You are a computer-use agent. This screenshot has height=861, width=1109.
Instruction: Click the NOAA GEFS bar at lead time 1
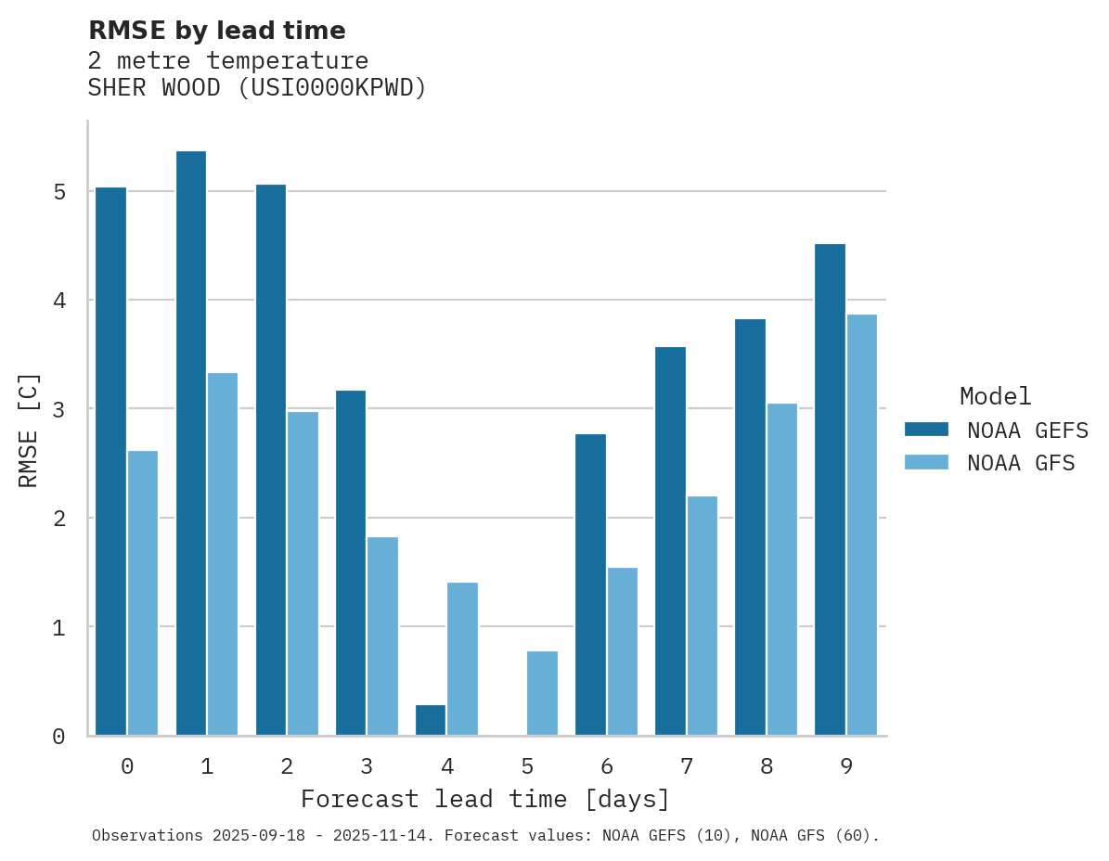190,443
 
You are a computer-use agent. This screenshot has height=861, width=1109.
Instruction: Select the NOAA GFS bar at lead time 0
143,593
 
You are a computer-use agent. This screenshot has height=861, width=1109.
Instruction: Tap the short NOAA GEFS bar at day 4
431,720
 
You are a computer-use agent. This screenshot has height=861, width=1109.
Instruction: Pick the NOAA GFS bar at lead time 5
542,693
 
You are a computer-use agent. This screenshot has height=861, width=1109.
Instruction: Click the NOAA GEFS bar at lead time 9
830,489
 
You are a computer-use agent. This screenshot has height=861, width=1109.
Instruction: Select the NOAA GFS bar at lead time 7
702,616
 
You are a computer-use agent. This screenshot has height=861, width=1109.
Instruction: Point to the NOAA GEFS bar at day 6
590,585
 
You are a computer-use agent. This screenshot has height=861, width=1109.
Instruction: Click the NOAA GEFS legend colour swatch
926,429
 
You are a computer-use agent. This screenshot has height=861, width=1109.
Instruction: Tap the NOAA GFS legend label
1021,462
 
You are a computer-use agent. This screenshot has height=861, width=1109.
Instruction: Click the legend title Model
995,396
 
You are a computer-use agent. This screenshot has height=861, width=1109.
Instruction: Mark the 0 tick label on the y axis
58,737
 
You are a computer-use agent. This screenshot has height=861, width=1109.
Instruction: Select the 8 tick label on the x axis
766,766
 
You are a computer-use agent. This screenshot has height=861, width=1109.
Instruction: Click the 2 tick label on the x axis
287,766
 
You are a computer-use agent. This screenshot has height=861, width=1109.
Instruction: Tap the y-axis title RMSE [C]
29,429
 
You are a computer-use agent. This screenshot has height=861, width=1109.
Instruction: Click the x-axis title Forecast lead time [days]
485,799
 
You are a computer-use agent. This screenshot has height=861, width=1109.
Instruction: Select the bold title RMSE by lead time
216,31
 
